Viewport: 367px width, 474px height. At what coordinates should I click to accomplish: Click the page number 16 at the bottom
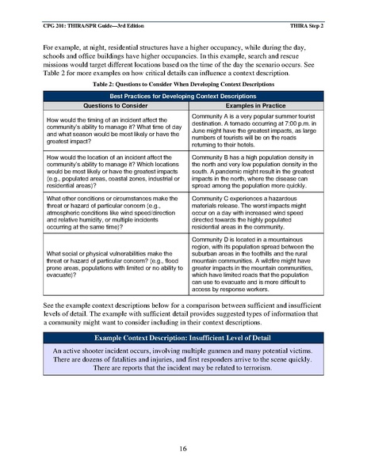183,449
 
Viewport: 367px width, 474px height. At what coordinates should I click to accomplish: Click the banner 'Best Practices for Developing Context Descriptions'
183,96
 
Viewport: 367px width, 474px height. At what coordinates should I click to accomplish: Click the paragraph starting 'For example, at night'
183,59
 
